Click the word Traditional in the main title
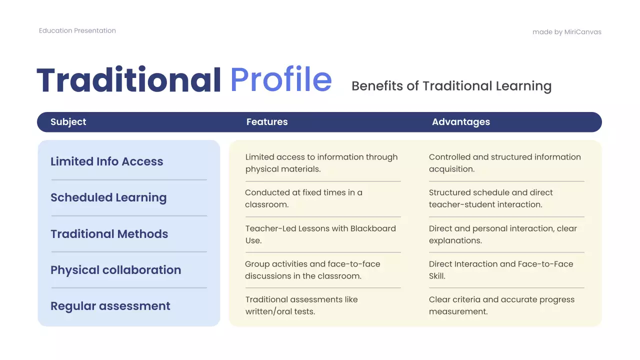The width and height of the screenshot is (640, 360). [128, 80]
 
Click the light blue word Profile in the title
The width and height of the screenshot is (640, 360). [280, 80]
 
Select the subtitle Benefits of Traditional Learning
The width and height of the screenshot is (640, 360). [451, 86]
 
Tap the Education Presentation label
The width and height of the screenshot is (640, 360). [77, 30]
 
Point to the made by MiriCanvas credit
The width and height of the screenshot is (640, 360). [566, 32]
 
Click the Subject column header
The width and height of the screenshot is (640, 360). [68, 122]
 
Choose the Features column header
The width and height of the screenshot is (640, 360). [267, 122]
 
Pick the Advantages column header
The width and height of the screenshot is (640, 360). [460, 122]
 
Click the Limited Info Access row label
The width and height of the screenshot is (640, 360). [106, 161]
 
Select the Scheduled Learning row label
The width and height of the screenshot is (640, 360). [108, 197]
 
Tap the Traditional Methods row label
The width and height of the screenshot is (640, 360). [109, 234]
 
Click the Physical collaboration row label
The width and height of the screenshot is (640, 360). [115, 270]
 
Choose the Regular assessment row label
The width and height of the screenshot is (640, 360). [110, 306]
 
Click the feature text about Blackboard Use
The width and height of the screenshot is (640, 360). [320, 234]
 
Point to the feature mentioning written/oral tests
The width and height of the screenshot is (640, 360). [301, 305]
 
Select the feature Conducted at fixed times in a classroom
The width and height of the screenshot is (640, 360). [303, 198]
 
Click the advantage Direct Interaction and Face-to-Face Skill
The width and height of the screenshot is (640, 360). [500, 270]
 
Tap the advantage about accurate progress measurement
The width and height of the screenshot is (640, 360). [501, 305]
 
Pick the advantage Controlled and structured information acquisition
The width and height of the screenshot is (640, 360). [504, 163]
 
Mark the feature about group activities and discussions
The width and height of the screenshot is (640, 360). [312, 270]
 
